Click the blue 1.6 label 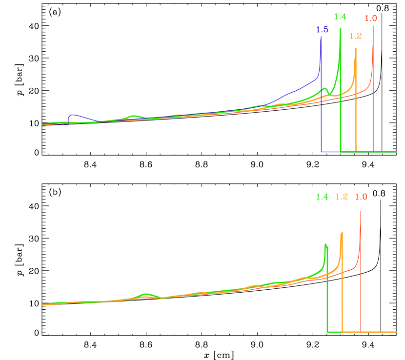322,30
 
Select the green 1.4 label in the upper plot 340,17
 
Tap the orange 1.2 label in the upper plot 356,36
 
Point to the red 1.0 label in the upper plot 371,19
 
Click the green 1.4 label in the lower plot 322,197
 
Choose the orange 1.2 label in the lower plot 342,197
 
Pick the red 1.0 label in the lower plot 361,197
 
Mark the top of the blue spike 321,39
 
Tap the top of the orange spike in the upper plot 356,48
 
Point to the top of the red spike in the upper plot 373,26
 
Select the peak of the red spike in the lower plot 361,211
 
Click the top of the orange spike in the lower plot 342,232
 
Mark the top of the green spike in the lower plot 325,244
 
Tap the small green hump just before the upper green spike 325,89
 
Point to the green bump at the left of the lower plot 145,294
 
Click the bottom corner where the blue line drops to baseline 322,152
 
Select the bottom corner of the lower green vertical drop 327,332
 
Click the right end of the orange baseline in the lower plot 395,332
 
